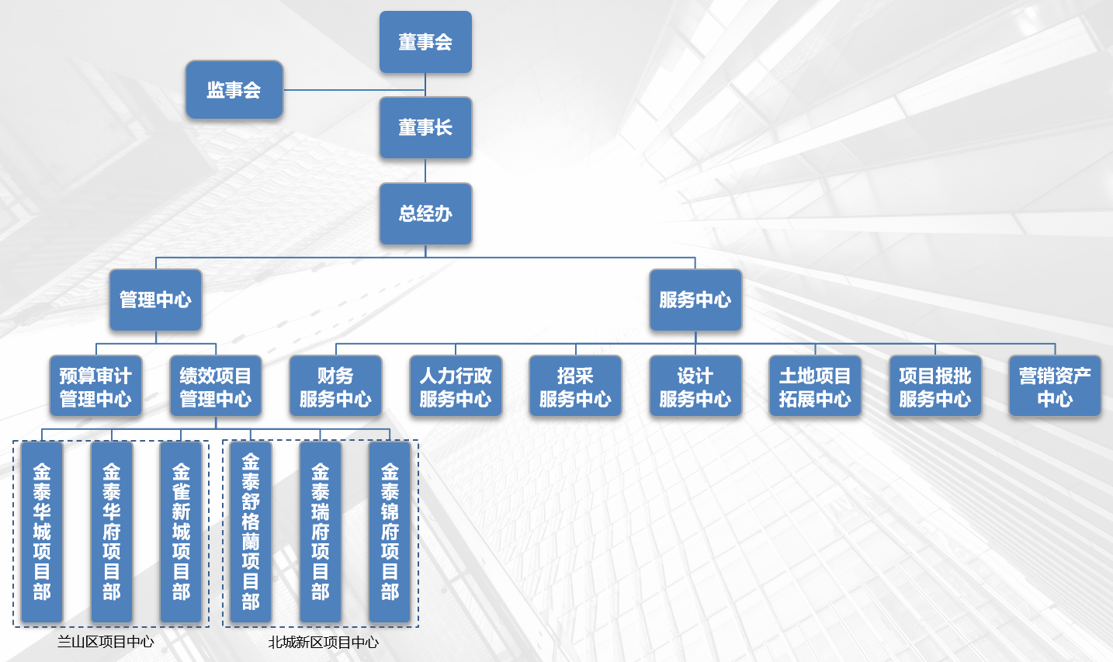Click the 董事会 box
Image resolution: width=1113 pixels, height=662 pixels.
pyautogui.click(x=425, y=42)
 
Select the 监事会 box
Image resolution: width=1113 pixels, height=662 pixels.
pyautogui.click(x=234, y=90)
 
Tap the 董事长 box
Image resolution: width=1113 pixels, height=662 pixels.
pyautogui.click(x=425, y=127)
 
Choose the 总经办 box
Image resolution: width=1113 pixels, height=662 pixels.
pyautogui.click(x=425, y=213)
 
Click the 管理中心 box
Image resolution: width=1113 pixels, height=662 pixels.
pyautogui.click(x=155, y=300)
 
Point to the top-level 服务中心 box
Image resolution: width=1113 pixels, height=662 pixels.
pyautogui.click(x=695, y=300)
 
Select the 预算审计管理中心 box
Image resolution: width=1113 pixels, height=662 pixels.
pyautogui.click(x=95, y=386)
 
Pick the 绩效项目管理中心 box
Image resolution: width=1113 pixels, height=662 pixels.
pyautogui.click(x=216, y=386)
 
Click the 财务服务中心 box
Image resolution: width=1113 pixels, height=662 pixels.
pyautogui.click(x=335, y=386)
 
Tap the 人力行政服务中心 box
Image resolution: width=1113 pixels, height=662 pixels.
pyautogui.click(x=456, y=386)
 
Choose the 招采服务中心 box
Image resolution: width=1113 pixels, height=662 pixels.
pyautogui.click(x=575, y=386)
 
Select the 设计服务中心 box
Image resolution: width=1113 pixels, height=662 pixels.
pyautogui.click(x=695, y=386)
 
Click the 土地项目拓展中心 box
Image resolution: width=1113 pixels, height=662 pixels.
pyautogui.click(x=815, y=386)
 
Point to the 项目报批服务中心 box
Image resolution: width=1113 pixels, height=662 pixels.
pyautogui.click(x=934, y=386)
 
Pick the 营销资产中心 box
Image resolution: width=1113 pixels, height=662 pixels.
pyautogui.click(x=1055, y=386)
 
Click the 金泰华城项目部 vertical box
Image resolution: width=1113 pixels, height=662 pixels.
pyautogui.click(x=42, y=532)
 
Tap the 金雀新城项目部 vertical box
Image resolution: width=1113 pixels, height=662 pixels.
pyautogui.click(x=181, y=532)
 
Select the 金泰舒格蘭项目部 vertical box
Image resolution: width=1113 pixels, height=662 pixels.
pyautogui.click(x=251, y=532)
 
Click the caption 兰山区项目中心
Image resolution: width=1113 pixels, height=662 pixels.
pyautogui.click(x=106, y=642)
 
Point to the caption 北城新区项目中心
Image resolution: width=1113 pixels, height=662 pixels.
pyautogui.click(x=324, y=643)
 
